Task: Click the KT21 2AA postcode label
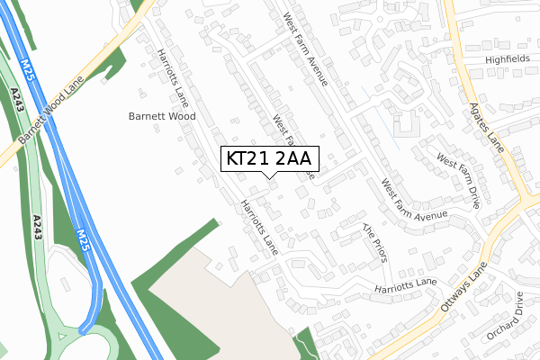(269, 159)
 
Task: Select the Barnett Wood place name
(162, 116)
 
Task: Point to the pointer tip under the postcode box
(269, 178)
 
